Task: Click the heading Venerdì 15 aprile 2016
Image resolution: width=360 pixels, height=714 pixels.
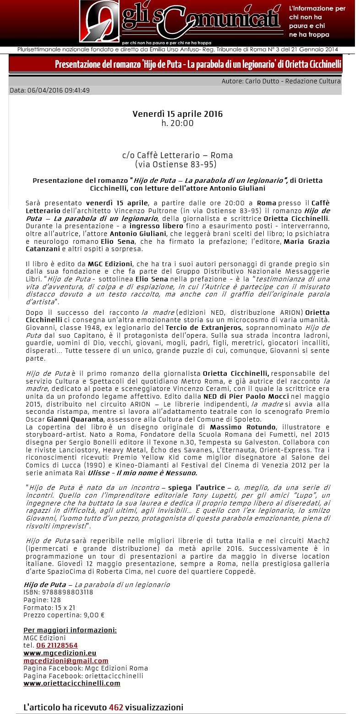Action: tap(178, 114)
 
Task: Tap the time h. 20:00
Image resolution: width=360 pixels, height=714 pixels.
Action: tap(178, 123)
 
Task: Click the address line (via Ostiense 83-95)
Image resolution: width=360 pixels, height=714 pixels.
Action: tap(176, 164)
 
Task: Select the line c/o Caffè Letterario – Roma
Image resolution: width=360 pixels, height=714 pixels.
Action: tap(178, 155)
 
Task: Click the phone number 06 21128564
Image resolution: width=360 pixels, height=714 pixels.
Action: tap(57, 645)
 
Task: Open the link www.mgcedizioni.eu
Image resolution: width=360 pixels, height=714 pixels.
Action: tap(60, 653)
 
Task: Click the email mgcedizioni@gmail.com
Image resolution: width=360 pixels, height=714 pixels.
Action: tap(66, 661)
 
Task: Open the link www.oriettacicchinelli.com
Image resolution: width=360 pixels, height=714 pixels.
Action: tap(72, 683)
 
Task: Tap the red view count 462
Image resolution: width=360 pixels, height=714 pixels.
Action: tap(116, 708)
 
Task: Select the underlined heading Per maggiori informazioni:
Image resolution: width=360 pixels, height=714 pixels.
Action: tap(70, 630)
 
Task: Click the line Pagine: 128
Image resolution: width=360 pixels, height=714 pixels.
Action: tap(42, 600)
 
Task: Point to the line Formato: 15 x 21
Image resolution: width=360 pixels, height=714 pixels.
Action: tap(49, 607)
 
